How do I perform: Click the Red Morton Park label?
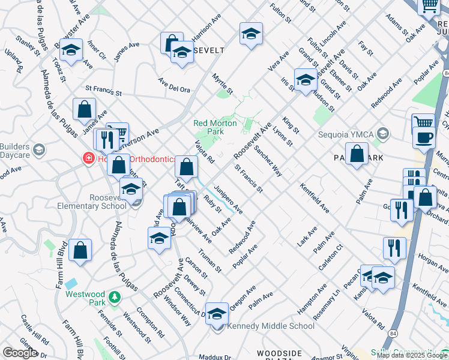point(208,127)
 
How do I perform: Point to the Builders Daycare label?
point(15,151)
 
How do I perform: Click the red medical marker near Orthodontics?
point(88,160)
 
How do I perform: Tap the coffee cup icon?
point(424,137)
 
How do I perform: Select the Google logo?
point(20,353)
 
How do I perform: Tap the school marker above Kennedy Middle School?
point(217,313)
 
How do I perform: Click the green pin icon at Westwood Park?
point(114,297)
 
